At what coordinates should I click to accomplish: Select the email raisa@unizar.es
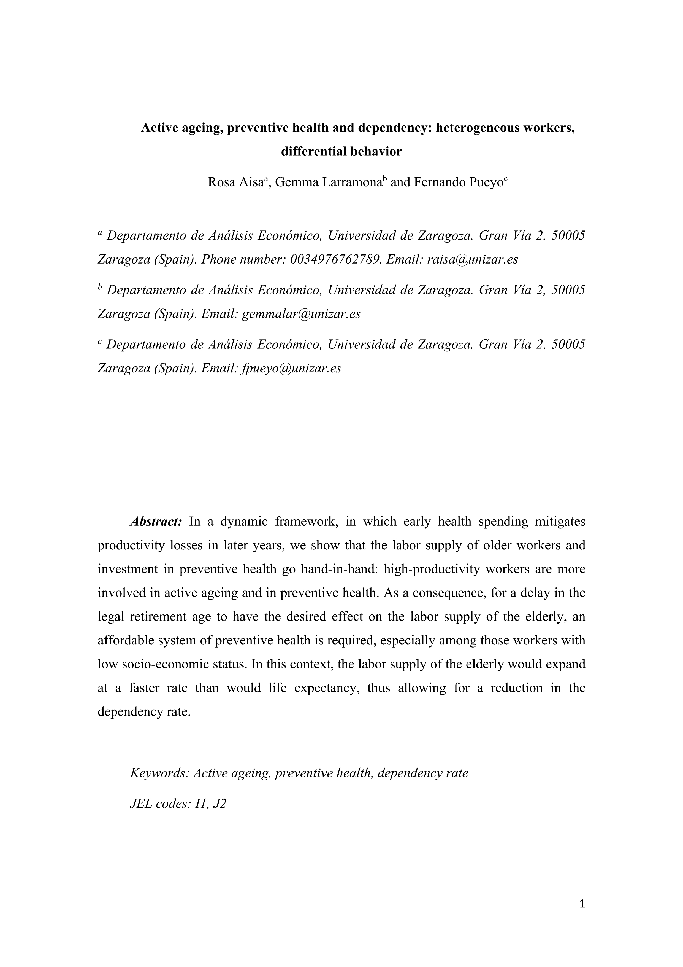(472, 259)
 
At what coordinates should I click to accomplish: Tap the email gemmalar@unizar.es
(301, 314)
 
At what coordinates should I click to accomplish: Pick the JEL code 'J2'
(220, 804)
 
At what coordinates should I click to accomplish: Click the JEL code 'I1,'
(200, 804)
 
